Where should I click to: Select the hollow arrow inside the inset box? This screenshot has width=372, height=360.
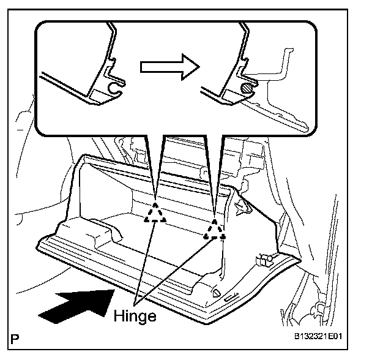165,67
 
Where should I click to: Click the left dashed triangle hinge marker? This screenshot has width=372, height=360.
155,211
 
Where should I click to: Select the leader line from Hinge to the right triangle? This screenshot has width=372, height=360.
177,269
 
